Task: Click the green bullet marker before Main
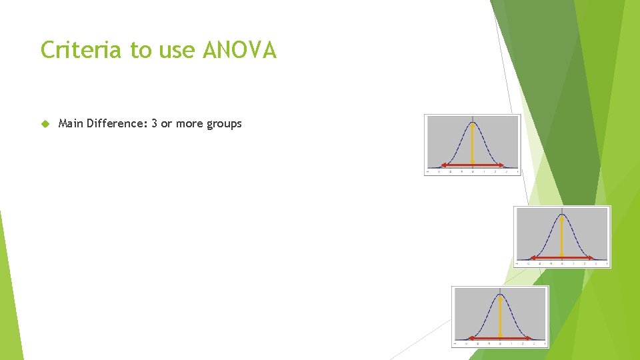coord(45,124)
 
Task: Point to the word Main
coord(71,124)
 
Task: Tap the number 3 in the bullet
coord(155,124)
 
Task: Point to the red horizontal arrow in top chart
coord(473,165)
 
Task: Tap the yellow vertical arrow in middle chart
coord(561,237)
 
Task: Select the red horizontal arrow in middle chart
coord(561,257)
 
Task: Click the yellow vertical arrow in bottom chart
coord(500,317)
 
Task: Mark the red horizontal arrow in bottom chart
coord(500,338)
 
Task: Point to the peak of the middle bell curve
coord(561,215)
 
